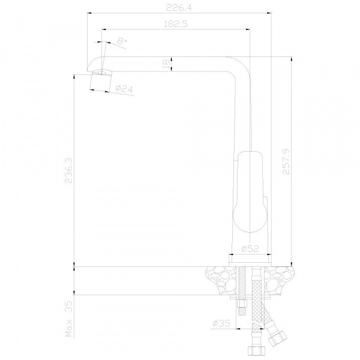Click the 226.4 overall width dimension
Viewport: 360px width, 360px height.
pyautogui.click(x=179, y=8)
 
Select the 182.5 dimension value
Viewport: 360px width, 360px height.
pyautogui.click(x=176, y=24)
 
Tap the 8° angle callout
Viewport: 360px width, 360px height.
pyautogui.click(x=122, y=41)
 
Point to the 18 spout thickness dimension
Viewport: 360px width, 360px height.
pyautogui.click(x=166, y=64)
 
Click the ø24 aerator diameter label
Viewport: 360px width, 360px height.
pyautogui.click(x=124, y=89)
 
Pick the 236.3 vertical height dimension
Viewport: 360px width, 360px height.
pyautogui.click(x=68, y=170)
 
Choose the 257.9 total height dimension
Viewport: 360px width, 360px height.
pyautogui.click(x=286, y=161)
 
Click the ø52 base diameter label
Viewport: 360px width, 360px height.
pyautogui.click(x=250, y=248)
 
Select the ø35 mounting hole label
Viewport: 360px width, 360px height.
pyautogui.click(x=221, y=323)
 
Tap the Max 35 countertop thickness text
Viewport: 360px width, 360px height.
pyautogui.click(x=68, y=319)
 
